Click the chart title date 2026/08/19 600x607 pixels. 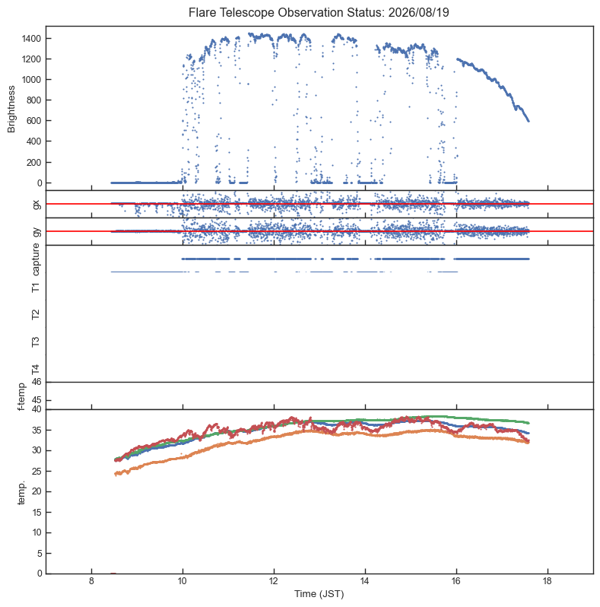click(x=418, y=12)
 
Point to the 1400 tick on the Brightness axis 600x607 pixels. click(x=31, y=38)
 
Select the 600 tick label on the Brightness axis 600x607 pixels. click(x=33, y=121)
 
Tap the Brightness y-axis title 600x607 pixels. click(x=11, y=110)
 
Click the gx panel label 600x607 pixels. click(x=37, y=205)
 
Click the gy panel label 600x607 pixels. click(x=37, y=232)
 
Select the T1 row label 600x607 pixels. click(x=36, y=288)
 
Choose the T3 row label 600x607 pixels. click(x=36, y=342)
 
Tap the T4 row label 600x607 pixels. click(x=36, y=370)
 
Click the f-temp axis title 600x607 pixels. click(x=21, y=396)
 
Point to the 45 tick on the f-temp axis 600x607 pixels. click(x=37, y=400)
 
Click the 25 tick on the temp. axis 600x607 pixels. click(x=37, y=471)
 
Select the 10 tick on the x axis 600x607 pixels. click(x=183, y=581)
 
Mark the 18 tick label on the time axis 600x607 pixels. click(x=548, y=581)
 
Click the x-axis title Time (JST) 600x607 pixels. click(x=319, y=594)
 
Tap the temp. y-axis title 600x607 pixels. click(x=21, y=492)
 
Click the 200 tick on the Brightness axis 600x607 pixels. click(x=33, y=162)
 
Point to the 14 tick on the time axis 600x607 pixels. click(x=365, y=581)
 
